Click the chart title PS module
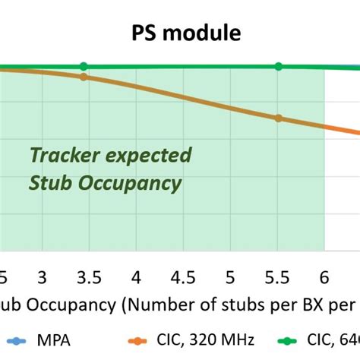pos(180,33)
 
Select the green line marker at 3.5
pos(84,66)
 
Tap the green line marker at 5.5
pos(278,66)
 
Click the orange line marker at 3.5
pos(84,77)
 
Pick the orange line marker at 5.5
pos(278,118)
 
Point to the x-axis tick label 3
pos(42,276)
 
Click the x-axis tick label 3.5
pos(88,276)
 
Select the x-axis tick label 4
pos(136,276)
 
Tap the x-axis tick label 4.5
pos(183,276)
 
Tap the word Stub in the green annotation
pos(47,183)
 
